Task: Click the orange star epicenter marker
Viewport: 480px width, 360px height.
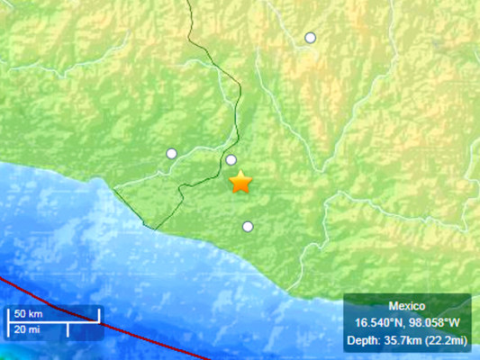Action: click(240, 183)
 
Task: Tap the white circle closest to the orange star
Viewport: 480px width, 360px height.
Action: click(231, 160)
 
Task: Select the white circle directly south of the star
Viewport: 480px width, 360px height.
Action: click(248, 227)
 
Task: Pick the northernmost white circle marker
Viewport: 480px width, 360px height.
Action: click(311, 37)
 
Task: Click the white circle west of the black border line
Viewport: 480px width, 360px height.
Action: click(171, 153)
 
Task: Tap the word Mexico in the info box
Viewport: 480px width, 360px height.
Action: click(406, 306)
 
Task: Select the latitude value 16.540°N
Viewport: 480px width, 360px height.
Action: click(376, 322)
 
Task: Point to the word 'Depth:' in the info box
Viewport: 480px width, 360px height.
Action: click(362, 339)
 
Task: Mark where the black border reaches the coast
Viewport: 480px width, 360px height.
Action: click(154, 228)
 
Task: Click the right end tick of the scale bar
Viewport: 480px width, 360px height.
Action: click(98, 314)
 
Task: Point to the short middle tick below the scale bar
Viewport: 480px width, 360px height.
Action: click(68, 327)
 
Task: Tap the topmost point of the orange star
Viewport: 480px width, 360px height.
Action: click(240, 172)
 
